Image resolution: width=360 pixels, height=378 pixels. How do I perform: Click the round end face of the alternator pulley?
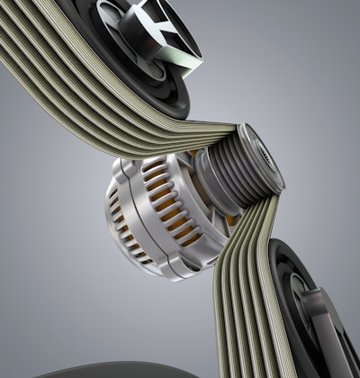pyautogui.click(x=263, y=154)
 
